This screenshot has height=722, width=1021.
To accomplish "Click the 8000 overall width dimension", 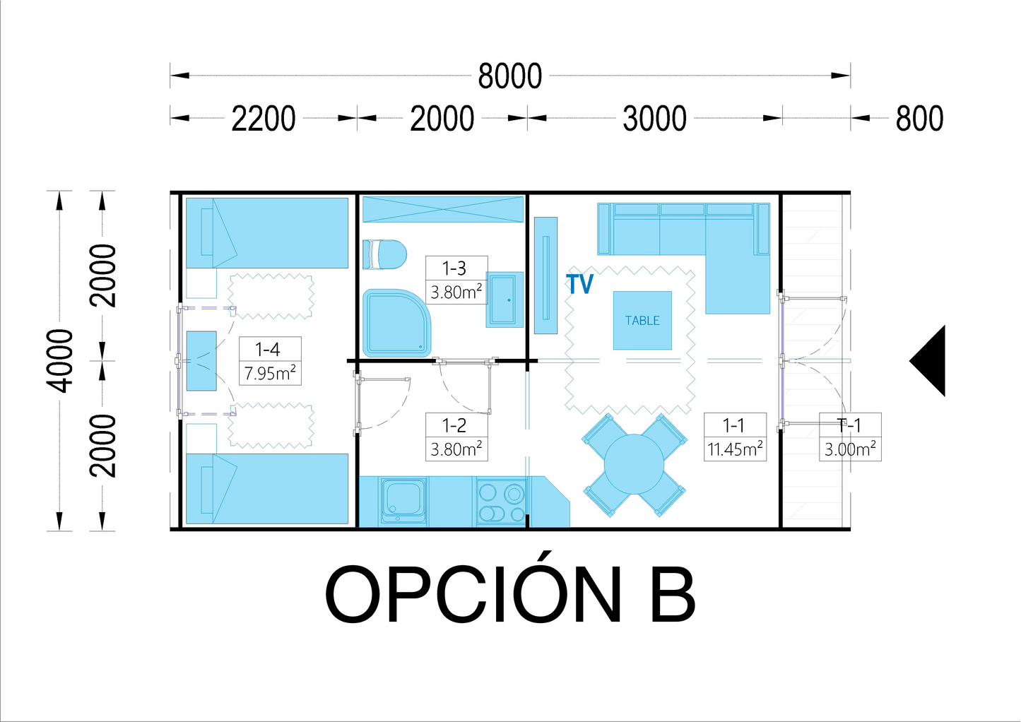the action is click(509, 76).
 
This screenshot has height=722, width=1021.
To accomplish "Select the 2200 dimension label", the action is click(264, 119).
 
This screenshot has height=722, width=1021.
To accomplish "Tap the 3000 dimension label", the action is click(654, 119).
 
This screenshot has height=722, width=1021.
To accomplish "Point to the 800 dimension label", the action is click(919, 119).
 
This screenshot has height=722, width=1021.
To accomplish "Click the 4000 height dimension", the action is click(60, 360).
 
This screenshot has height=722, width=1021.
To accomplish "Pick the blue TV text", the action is click(580, 283).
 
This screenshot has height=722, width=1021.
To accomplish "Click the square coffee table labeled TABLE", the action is click(642, 321).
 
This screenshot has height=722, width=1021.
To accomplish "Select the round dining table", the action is click(634, 464).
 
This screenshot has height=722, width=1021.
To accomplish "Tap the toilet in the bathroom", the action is click(384, 254).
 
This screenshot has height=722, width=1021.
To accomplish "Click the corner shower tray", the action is click(396, 323).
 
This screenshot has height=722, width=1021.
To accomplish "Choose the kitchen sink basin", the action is click(404, 500).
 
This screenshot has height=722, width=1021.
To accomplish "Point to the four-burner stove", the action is click(502, 502).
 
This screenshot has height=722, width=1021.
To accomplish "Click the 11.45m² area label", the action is click(735, 449).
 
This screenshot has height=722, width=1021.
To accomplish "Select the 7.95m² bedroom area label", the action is click(270, 373).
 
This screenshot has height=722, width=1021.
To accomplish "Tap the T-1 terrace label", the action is click(849, 425).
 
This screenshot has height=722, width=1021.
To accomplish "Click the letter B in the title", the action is click(673, 595).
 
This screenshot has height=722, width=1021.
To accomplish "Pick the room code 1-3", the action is click(454, 268).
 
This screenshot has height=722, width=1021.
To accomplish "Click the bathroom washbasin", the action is click(504, 300).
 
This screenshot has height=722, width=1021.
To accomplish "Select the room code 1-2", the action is click(454, 425).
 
